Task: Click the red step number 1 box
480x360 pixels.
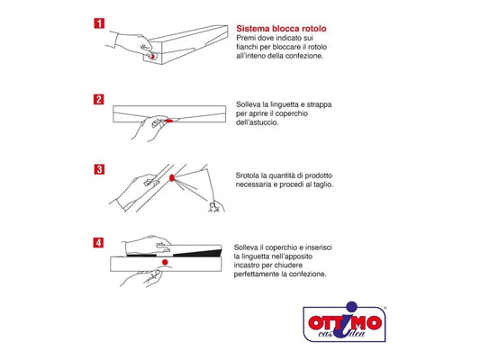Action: (99, 23)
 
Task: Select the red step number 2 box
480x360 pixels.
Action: (98, 99)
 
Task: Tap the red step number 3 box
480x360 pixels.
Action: (99, 169)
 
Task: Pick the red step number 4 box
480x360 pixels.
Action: (98, 243)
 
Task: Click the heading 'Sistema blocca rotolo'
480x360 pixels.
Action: (281, 29)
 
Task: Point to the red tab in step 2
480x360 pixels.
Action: (169, 121)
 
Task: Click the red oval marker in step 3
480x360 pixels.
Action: (172, 177)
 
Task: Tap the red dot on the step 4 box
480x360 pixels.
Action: (165, 262)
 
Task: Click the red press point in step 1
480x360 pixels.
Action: (152, 57)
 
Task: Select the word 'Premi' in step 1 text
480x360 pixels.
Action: (246, 38)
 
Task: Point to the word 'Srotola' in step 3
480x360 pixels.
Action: (248, 175)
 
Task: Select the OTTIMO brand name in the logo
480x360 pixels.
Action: (345, 323)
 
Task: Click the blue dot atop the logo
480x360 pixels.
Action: (352, 307)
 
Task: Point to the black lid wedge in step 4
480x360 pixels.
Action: (198, 253)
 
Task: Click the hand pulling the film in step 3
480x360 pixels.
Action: (216, 206)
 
